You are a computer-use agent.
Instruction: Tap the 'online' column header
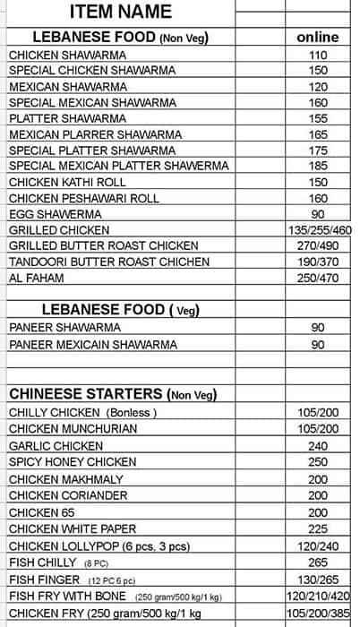[x=318, y=38]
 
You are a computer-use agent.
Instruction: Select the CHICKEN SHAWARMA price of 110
[x=318, y=55]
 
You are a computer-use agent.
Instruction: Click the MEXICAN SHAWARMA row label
[x=56, y=87]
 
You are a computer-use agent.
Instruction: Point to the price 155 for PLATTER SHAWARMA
[x=318, y=118]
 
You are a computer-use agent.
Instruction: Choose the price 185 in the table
[x=318, y=166]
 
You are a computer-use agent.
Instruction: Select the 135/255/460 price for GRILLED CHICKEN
[x=318, y=230]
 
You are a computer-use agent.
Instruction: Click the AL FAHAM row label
[x=32, y=278]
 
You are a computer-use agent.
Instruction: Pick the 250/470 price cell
[x=318, y=278]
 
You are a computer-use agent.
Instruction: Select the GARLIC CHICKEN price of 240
[x=318, y=445]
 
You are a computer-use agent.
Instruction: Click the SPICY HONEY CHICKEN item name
[x=73, y=462]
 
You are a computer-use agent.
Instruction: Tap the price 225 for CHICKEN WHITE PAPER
[x=318, y=528]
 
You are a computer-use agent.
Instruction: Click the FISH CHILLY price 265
[x=318, y=562]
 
